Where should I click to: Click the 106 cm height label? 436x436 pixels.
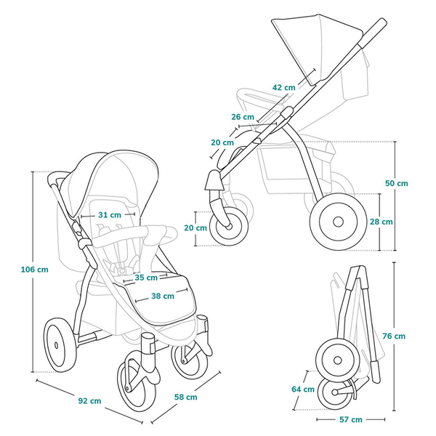tap(33, 270)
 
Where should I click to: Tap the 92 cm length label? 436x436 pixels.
tap(89, 400)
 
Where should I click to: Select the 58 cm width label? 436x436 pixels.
tap(186, 397)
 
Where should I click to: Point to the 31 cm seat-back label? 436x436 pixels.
tap(108, 215)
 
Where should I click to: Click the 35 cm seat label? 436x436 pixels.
tap(145, 277)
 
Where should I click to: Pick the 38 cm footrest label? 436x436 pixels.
tap(162, 296)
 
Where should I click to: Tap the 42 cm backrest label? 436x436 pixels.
tap(283, 87)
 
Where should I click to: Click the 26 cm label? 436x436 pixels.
tap(243, 117)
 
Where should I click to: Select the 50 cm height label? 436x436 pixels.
tap(396, 183)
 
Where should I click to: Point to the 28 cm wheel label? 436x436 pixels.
tap(381, 222)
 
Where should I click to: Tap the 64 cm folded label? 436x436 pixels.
tap(302, 389)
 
